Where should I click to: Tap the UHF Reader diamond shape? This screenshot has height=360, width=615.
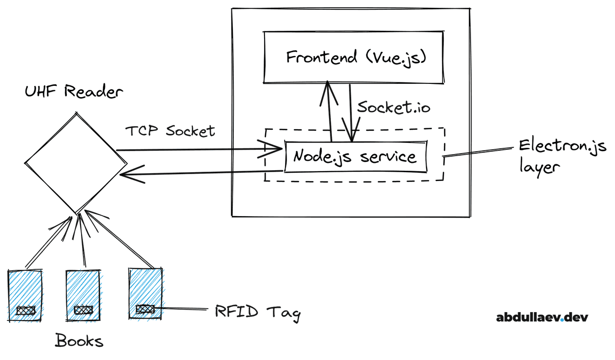[x=75, y=163]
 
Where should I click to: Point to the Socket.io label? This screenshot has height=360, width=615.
[x=394, y=108]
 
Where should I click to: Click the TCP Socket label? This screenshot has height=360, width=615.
[x=170, y=131]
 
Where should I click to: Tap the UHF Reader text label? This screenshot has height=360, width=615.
[x=74, y=91]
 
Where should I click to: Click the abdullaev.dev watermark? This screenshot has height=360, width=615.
[x=542, y=318]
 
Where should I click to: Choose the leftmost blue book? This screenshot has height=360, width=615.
[x=25, y=295]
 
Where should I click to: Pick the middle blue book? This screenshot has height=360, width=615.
[x=83, y=295]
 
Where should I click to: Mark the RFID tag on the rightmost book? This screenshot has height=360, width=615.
[x=145, y=309]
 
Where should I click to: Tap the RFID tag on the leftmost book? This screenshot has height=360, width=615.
[x=25, y=310]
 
